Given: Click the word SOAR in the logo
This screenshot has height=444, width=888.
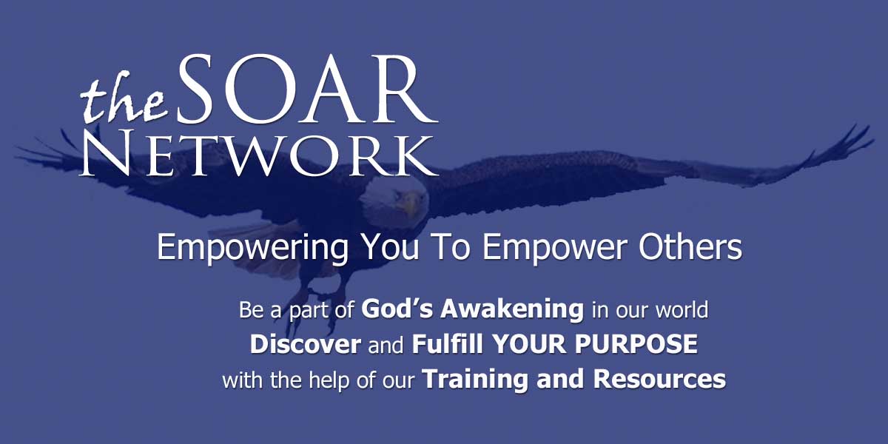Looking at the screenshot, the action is [x=308, y=89].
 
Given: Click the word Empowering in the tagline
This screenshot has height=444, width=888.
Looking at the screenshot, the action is [x=252, y=248].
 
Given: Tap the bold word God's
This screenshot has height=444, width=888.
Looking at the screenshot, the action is [x=397, y=309].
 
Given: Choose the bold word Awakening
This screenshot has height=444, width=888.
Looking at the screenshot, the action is [x=512, y=309].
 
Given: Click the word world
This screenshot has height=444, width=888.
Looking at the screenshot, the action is [x=682, y=309].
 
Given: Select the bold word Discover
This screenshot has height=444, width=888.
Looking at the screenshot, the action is [x=305, y=343].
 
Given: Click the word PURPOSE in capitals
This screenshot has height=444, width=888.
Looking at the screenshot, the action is [x=636, y=343].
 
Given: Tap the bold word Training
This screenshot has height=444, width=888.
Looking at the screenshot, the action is [x=475, y=380].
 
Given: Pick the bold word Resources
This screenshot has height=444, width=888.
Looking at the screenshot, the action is [x=659, y=379].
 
